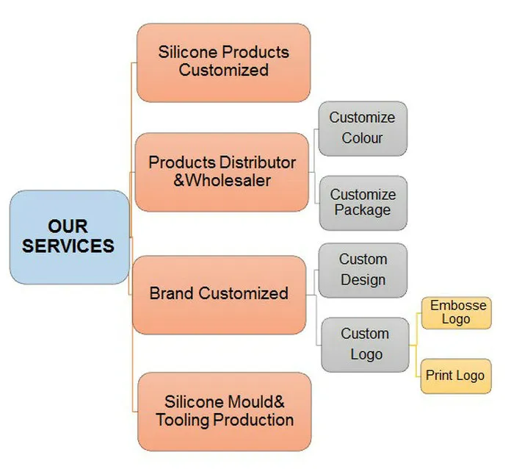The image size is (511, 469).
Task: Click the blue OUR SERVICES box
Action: [70, 237]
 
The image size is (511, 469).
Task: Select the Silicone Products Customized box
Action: [223, 62]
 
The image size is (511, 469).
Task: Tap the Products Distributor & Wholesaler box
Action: [222, 172]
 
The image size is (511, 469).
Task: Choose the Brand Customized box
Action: [220, 295]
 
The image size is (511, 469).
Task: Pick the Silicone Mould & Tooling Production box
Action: [225, 412]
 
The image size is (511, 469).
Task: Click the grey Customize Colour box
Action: [363, 129]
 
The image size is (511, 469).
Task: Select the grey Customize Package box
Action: [363, 203]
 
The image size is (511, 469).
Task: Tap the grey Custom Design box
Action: [363, 271]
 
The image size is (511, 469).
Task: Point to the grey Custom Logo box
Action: [365, 345]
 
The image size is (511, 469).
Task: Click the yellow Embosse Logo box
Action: [456, 312]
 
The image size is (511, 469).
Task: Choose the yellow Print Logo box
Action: [456, 376]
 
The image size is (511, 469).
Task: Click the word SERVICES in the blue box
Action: [68, 246]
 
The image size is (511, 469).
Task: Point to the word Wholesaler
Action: [228, 181]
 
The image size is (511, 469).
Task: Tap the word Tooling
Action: [183, 420]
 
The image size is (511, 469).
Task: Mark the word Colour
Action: [362, 138]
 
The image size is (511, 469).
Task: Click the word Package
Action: [363, 210]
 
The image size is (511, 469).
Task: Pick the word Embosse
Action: [458, 306]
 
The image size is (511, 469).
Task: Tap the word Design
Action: [363, 280]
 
